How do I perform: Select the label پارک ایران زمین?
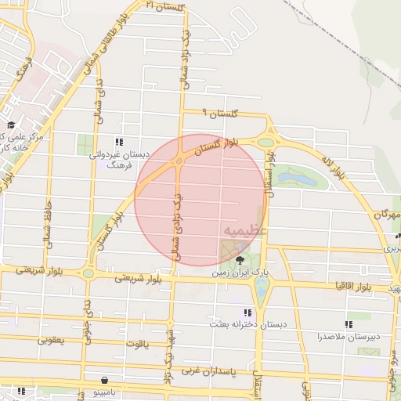pyautogui.click(x=242, y=275)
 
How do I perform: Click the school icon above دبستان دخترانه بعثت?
pyautogui.click(x=248, y=312)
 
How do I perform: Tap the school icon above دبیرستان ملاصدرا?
pyautogui.click(x=348, y=323)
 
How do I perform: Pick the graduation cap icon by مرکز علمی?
pyautogui.click(x=11, y=125)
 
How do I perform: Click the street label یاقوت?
pyautogui.click(x=135, y=343)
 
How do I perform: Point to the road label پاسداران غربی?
pyautogui.click(x=205, y=370)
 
